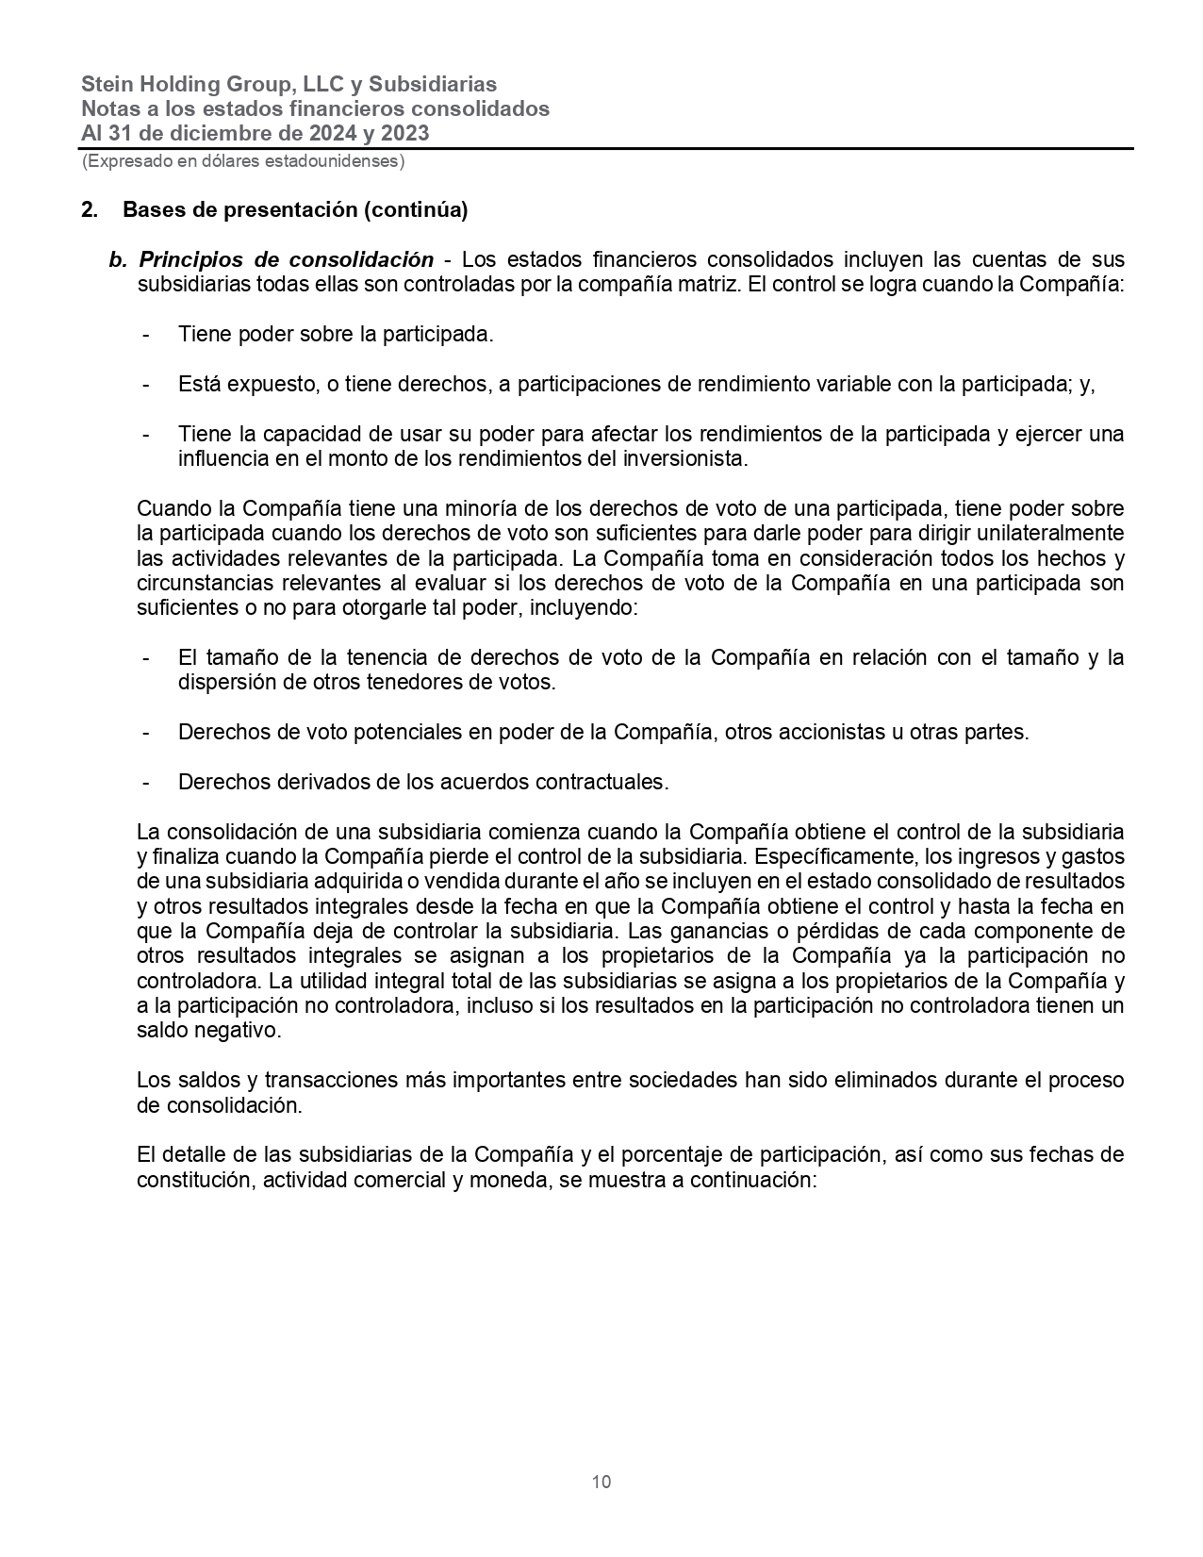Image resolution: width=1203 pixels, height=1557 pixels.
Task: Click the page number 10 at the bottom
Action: (601, 1482)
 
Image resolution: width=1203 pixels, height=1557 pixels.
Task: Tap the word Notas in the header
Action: (107, 108)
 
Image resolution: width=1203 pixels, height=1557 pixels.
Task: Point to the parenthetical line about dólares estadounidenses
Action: (243, 161)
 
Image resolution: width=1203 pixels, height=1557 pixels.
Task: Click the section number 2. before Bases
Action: (90, 209)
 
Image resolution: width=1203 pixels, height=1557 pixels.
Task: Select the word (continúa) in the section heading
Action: (416, 209)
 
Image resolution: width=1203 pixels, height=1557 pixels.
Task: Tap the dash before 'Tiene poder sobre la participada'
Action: (146, 334)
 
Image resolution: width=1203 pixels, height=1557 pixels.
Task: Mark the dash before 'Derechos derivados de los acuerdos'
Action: (146, 782)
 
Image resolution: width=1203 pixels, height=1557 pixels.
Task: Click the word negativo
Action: (243, 1031)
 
